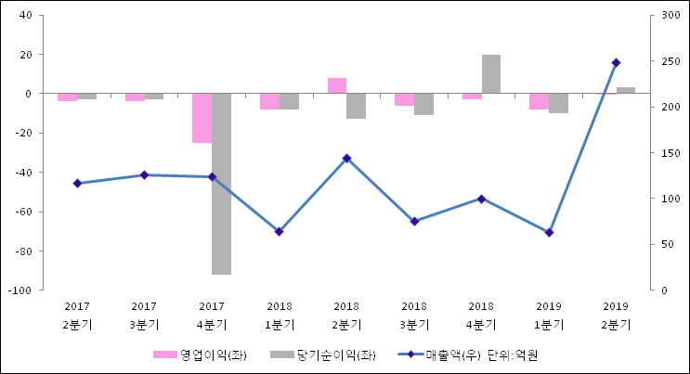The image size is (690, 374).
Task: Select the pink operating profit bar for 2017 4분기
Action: [202, 118]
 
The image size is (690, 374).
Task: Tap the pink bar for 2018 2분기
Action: [336, 85]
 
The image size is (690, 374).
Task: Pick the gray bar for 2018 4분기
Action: [490, 74]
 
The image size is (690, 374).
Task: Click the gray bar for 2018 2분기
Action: [356, 106]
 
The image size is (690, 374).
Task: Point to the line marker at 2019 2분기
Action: [616, 63]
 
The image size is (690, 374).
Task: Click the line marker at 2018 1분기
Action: [279, 231]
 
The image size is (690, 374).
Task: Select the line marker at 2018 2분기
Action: [346, 158]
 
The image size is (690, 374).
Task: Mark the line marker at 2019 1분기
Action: [549, 232]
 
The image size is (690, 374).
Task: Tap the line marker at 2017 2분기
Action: [77, 184]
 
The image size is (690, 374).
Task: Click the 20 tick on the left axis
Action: [27, 55]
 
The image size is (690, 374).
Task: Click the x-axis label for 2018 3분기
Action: [414, 316]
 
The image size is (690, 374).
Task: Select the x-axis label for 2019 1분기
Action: [549, 316]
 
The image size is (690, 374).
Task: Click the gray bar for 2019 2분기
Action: [626, 90]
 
